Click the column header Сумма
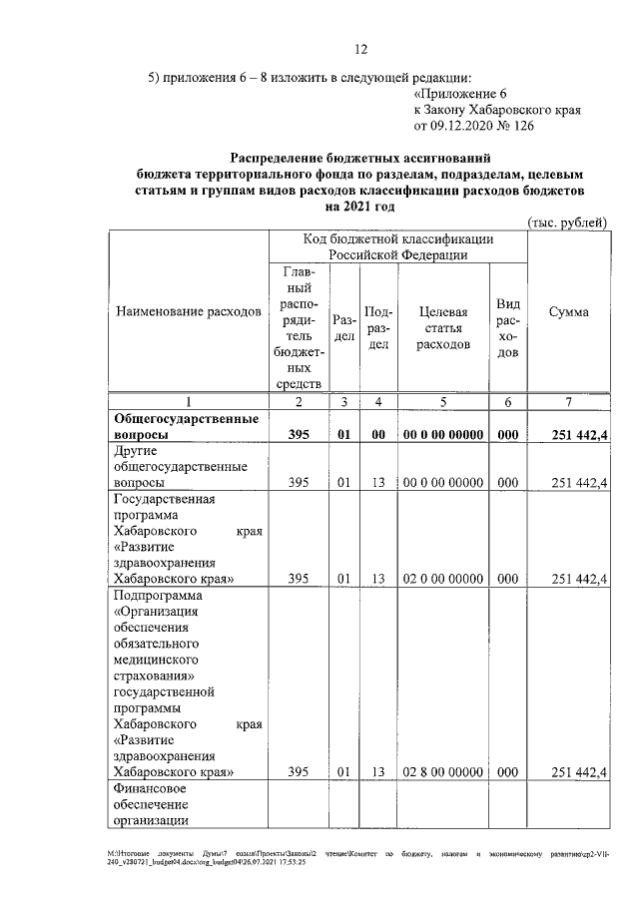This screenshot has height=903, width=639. (x=568, y=312)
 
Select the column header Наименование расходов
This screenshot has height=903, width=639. (x=189, y=312)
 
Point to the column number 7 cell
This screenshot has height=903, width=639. (x=568, y=402)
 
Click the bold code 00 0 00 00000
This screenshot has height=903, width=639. (x=444, y=435)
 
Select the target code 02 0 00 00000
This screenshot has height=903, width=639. (x=444, y=579)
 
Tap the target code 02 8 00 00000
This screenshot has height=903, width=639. (x=444, y=771)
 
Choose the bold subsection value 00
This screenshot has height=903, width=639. (x=378, y=435)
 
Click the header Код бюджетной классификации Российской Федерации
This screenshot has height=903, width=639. (x=398, y=247)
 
